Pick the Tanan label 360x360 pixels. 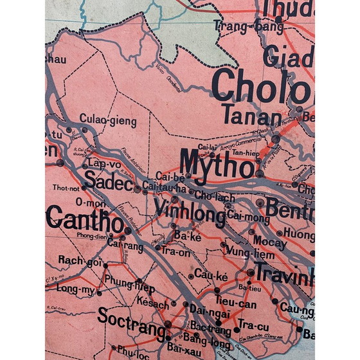point(251,116)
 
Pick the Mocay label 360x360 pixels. point(265,241)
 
